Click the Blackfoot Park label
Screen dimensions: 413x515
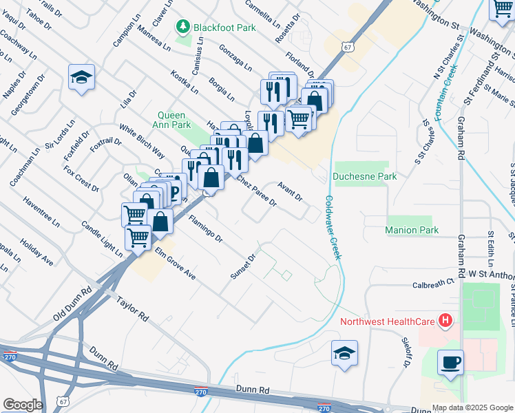tap(224, 27)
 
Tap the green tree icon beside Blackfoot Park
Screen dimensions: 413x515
tap(184, 27)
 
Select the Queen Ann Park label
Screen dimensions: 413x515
tap(174, 120)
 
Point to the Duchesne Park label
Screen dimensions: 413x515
tap(365, 176)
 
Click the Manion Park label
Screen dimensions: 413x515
tap(412, 230)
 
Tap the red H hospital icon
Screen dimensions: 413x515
tap(445, 320)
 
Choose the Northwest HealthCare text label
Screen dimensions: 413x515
tap(389, 321)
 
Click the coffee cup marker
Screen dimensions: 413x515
tap(450, 362)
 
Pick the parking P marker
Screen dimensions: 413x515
tap(173, 191)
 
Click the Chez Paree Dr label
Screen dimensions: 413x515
tap(256, 190)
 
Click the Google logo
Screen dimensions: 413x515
tap(23, 405)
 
